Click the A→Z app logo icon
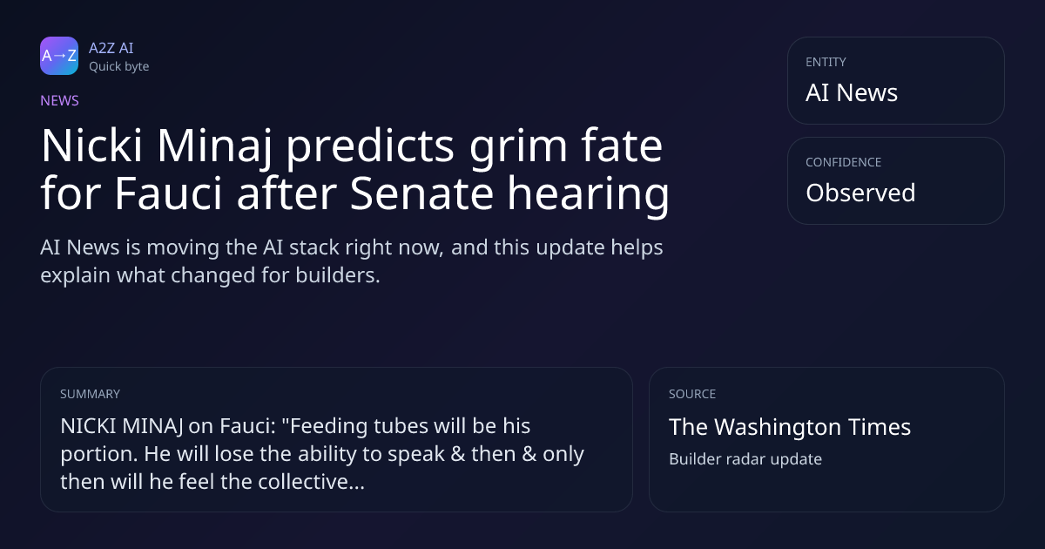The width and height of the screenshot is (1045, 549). tap(59, 56)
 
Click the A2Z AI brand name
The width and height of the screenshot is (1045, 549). tap(111, 48)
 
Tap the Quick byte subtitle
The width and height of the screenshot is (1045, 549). tap(119, 67)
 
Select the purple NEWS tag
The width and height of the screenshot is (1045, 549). tap(60, 101)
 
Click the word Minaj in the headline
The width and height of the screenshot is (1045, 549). tap(214, 147)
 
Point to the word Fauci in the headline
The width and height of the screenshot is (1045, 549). tap(168, 193)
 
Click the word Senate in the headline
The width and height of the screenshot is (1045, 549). tap(421, 193)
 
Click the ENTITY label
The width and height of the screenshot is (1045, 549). tap(826, 62)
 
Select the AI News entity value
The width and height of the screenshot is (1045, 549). tap(852, 92)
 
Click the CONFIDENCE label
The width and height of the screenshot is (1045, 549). tap(844, 162)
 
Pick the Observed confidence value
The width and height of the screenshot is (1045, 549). tap(860, 193)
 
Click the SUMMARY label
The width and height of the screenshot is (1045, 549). tap(90, 394)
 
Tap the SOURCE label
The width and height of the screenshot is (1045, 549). tap(692, 394)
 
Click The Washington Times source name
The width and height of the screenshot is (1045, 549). tap(790, 427)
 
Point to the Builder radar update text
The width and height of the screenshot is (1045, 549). tap(745, 459)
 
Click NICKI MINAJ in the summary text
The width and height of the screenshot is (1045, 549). tap(122, 426)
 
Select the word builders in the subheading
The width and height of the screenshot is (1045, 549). tap(338, 275)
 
